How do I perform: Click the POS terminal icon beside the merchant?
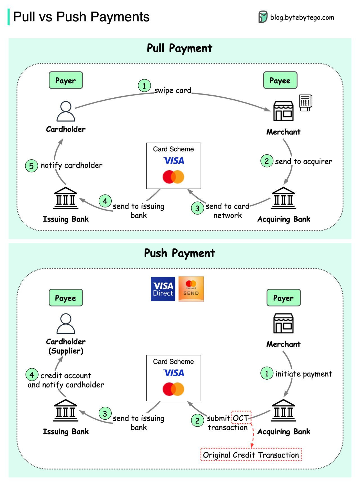(305, 103)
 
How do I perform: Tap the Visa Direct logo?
(163, 289)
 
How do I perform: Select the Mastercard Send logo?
(191, 289)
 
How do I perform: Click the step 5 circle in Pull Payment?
(31, 166)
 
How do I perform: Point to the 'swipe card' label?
(173, 91)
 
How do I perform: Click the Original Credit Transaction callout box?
(251, 455)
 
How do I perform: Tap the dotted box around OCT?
(241, 418)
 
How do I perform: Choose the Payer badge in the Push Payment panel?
(283, 298)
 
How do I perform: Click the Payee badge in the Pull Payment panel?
(280, 80)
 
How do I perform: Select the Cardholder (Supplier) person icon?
(66, 324)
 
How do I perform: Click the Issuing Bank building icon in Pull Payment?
(66, 198)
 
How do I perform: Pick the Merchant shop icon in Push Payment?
(283, 323)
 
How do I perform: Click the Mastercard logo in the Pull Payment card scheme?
(173, 177)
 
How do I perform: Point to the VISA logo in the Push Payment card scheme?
(174, 373)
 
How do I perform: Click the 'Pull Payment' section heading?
(179, 48)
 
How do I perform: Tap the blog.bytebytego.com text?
(302, 17)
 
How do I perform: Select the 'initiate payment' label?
(303, 374)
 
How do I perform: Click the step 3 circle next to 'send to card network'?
(197, 208)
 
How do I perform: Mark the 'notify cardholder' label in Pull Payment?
(71, 165)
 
